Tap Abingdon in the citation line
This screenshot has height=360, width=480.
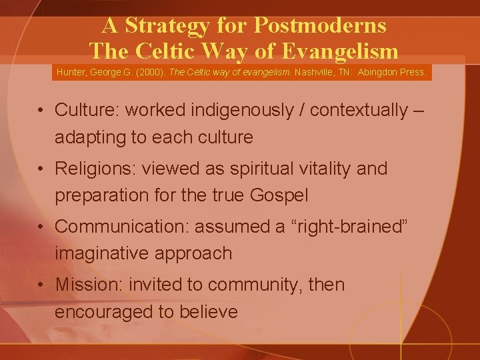pos(381,72)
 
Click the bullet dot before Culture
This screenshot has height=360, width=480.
pos(42,109)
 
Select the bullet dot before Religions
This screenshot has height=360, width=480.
pos(42,169)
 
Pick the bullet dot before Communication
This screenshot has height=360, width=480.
pos(42,227)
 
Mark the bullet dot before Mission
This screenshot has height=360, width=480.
pos(42,285)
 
